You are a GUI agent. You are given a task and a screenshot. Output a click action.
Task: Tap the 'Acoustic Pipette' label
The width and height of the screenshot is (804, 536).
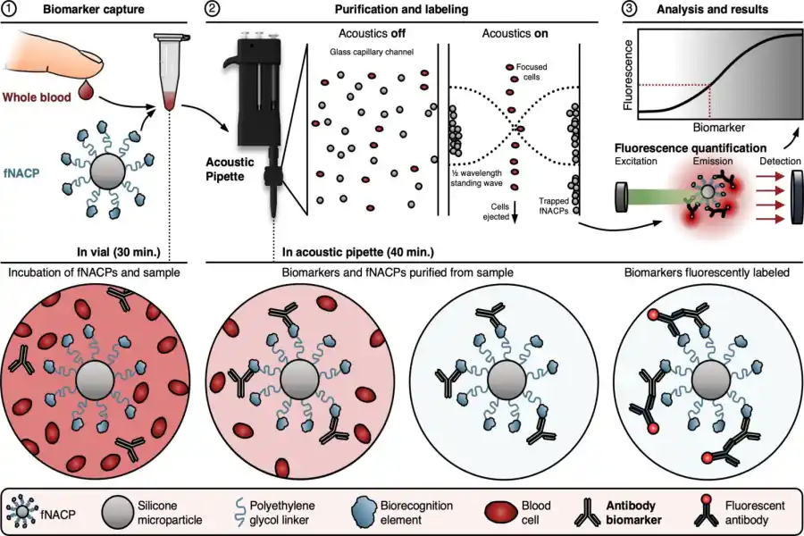tap(230, 169)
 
